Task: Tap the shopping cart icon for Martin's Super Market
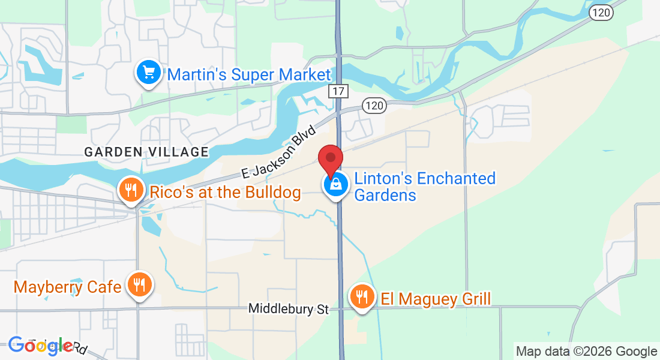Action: point(148,73)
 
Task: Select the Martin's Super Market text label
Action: point(249,74)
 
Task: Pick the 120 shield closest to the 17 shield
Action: point(373,106)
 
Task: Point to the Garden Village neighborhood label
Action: point(146,152)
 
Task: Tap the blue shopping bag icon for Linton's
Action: point(335,185)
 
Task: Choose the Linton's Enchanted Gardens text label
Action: point(425,187)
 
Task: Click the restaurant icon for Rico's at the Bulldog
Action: point(130,191)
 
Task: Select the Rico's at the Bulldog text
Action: point(225,192)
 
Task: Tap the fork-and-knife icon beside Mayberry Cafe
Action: point(140,285)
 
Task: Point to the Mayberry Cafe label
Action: point(67,287)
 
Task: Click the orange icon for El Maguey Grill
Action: point(361,297)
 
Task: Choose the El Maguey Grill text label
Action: point(436,298)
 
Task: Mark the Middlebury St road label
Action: point(289,309)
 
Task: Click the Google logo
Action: point(40,345)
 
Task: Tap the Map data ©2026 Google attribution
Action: point(586,352)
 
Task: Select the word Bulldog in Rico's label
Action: point(273,192)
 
